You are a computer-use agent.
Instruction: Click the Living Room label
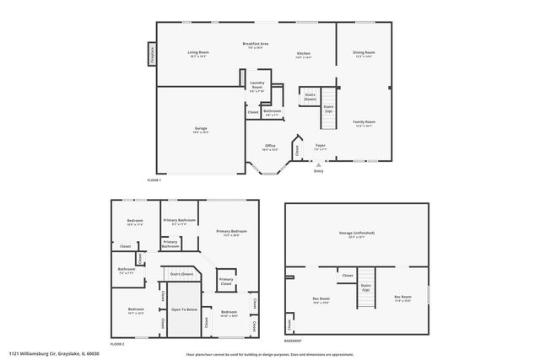coord(198,52)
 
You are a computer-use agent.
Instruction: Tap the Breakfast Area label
coord(255,44)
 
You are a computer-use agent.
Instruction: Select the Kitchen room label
coord(303,54)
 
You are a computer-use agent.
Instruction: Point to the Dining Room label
coord(364,53)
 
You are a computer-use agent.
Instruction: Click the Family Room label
coord(364,122)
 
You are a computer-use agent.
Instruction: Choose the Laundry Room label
coord(256,86)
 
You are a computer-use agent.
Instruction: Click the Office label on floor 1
coord(270,146)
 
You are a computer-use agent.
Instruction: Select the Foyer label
coord(321,146)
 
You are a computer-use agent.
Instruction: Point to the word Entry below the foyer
coord(318,171)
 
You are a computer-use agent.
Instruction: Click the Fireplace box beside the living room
coord(152,54)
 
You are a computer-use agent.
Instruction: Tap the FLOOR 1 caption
coord(154,180)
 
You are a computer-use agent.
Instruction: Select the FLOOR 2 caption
coord(117,344)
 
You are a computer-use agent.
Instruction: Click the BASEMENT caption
coord(293,341)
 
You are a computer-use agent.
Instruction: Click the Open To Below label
coord(183,309)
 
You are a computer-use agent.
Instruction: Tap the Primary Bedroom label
coord(231,232)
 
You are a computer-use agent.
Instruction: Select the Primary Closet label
coord(226,282)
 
